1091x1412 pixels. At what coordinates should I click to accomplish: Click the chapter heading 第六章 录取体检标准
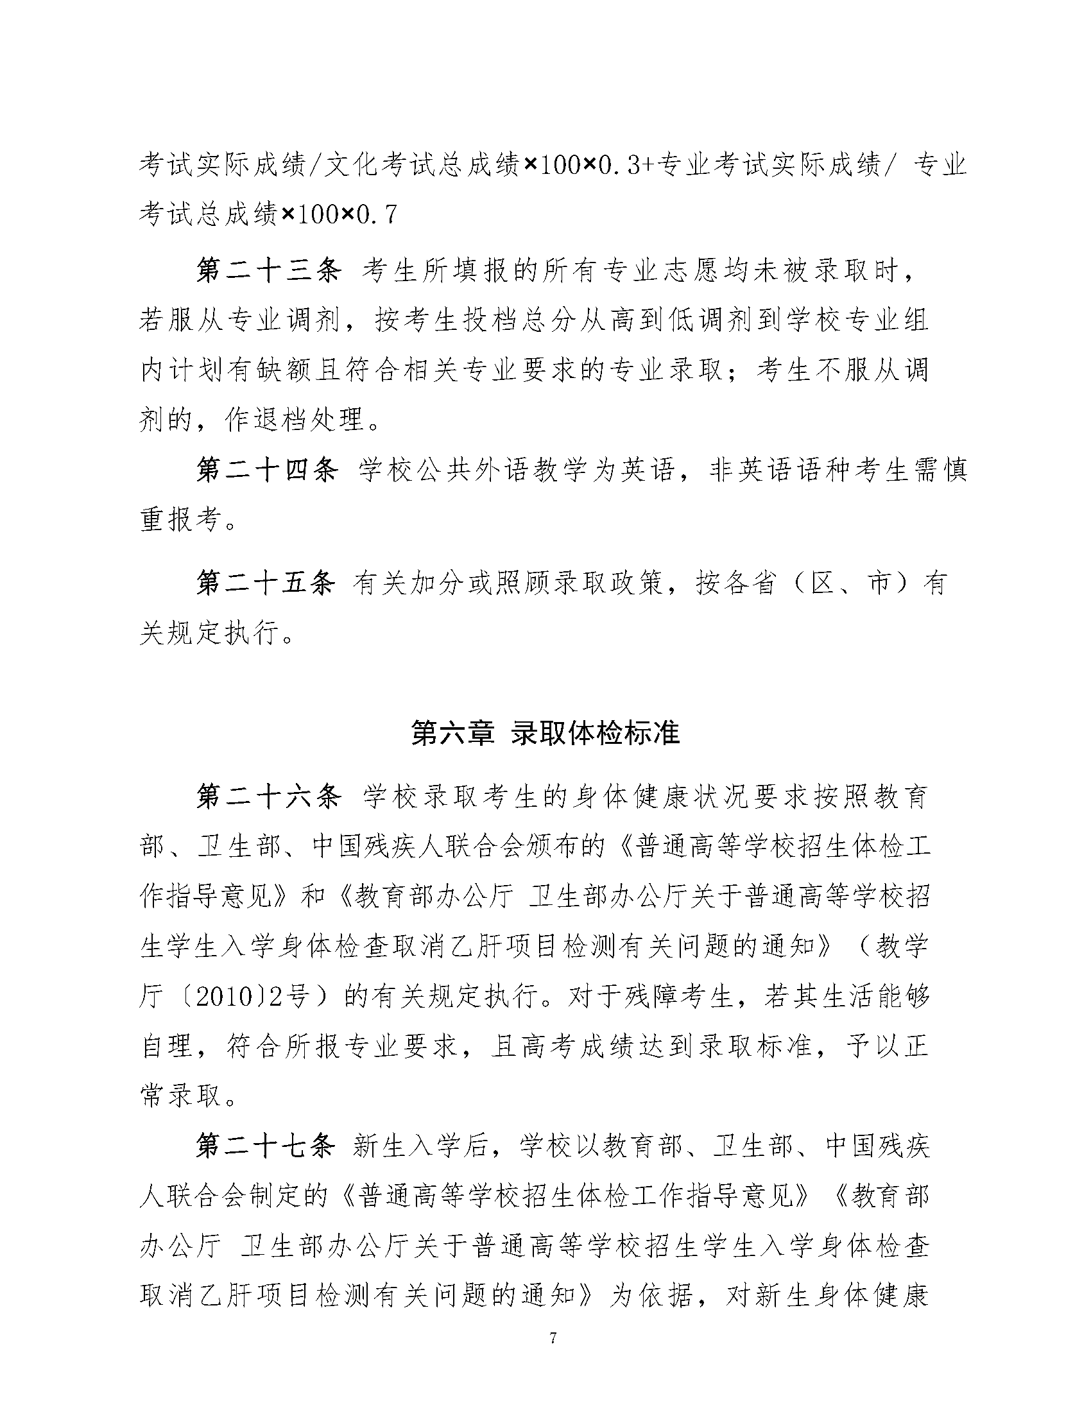pos(545,734)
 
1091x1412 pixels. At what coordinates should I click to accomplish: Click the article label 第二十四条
pos(268,470)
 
